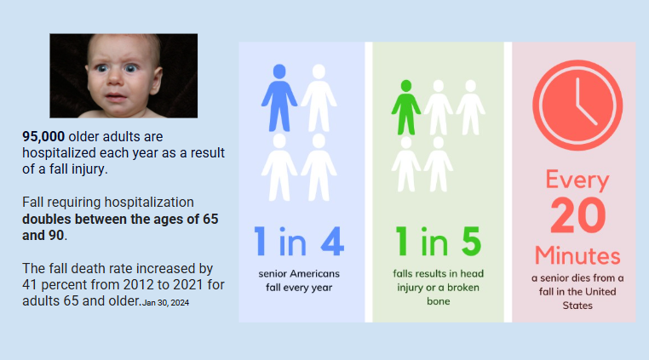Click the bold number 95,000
pos(43,136)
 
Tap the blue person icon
pos(279,98)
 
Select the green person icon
pos(406,107)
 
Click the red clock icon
pos(577,105)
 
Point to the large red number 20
pos(577,215)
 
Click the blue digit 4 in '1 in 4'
pos(332,241)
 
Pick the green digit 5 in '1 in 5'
pos(471,241)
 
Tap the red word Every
pos(577,180)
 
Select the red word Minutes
pos(577,255)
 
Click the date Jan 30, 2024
pos(165,303)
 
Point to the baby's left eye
pos(130,68)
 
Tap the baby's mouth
pos(116,98)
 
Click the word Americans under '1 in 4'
pos(314,273)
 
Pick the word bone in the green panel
pos(439,301)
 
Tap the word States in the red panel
pos(577,306)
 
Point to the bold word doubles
pos(47,219)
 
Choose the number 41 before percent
pos(30,285)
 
